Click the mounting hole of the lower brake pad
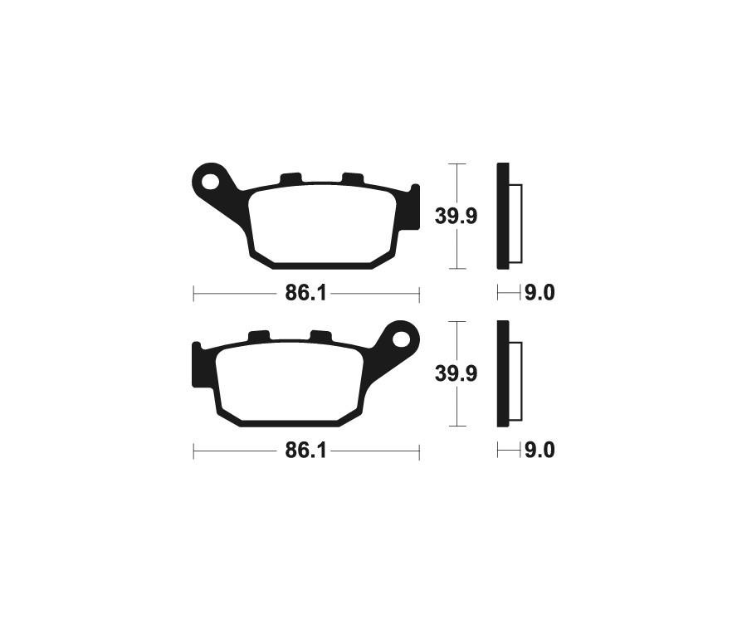tap(403, 338)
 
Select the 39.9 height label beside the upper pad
tap(456, 217)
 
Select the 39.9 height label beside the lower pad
tap(456, 374)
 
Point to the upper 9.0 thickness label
tap(539, 293)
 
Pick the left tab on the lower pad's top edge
tap(259, 336)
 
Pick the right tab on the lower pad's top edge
tap(321, 336)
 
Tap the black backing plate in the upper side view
tap(502, 216)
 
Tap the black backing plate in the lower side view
tap(502, 373)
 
